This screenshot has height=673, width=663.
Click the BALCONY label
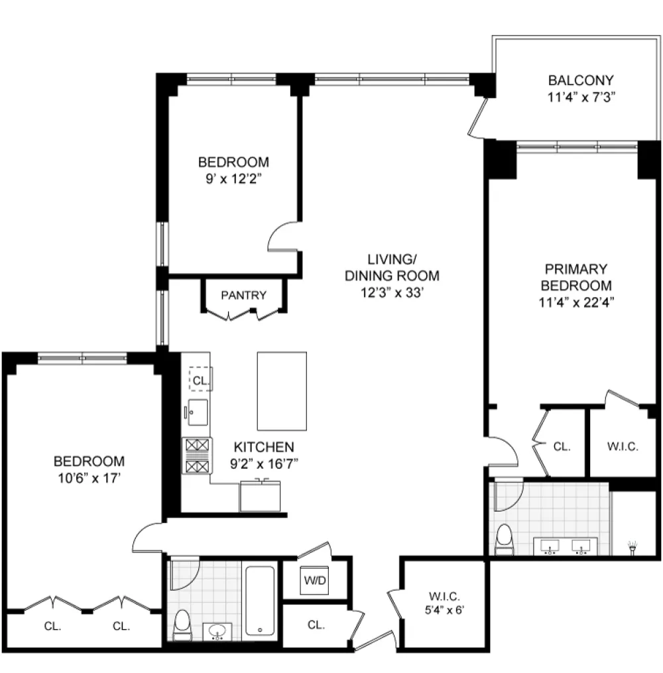coord(581,80)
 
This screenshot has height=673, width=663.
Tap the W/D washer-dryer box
coord(314,580)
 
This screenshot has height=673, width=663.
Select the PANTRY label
coord(243,295)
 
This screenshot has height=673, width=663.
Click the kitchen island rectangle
coord(282,391)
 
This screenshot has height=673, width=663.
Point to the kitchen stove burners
coord(197,456)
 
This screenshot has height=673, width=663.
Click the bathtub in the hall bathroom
coord(260,601)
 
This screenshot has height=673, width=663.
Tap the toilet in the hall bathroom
coord(183,625)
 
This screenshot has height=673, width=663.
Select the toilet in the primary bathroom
coord(504,539)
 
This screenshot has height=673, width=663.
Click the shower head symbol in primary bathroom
coord(633,548)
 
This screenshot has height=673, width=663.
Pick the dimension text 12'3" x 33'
coord(392,292)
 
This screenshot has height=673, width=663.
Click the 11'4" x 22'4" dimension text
coord(576,302)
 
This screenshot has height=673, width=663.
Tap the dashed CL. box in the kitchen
coord(201,379)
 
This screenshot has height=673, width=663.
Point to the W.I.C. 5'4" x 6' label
coord(445,603)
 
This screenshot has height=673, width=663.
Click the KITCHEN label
coord(264,447)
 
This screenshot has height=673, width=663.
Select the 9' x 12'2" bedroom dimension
coord(233,178)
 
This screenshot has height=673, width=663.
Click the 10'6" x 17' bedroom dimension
coord(90,477)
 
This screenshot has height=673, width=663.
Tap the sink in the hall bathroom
coord(217,631)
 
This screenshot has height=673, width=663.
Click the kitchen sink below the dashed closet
coord(198,412)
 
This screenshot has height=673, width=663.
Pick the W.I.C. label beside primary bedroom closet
coord(623,446)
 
